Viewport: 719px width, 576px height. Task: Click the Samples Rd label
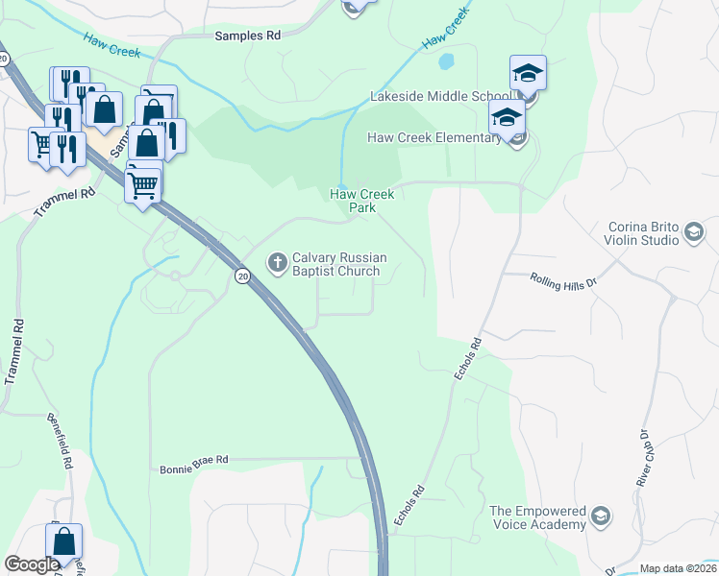point(247,35)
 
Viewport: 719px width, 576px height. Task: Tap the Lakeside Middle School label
point(440,97)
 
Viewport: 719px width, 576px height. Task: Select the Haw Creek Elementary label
point(434,137)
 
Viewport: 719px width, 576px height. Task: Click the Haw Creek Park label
point(362,200)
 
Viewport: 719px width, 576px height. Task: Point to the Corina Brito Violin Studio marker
point(692,231)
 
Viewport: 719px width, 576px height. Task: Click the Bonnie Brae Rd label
point(193,460)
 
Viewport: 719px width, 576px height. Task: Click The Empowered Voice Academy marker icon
point(601,517)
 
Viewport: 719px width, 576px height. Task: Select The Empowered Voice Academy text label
point(537,517)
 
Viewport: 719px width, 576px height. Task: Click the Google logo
point(32,564)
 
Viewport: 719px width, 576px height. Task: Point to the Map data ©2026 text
point(678,568)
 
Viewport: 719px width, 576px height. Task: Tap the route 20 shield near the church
point(243,276)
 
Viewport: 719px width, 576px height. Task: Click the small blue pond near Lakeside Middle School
point(446,62)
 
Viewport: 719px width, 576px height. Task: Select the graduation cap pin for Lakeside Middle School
point(528,73)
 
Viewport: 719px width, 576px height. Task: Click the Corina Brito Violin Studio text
point(642,234)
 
